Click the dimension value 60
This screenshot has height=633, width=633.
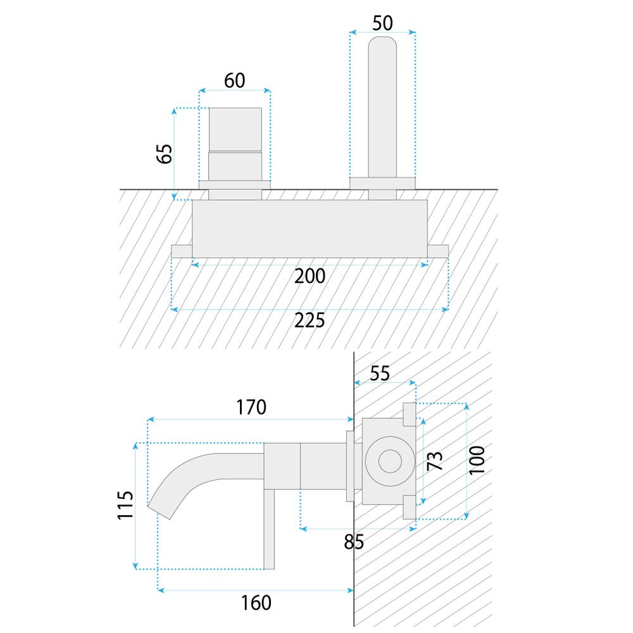coord(235,80)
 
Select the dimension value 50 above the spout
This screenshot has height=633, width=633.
coord(382,23)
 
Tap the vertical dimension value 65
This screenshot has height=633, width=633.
coord(164,154)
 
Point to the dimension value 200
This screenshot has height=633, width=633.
coord(310,276)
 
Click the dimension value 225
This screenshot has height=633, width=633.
coord(310,320)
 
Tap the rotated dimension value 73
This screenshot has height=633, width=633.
coord(435,460)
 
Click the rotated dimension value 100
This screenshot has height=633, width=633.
coord(478,460)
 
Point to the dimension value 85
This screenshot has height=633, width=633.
coord(353,542)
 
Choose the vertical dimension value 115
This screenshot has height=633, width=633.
coord(126,505)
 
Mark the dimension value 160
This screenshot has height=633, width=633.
coord(256,602)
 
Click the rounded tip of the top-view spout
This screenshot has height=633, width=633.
coord(382,44)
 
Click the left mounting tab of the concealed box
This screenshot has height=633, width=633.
coord(181,251)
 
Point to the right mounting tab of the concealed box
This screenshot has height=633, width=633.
coord(439,251)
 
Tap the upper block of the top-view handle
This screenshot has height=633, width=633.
coord(235,129)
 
